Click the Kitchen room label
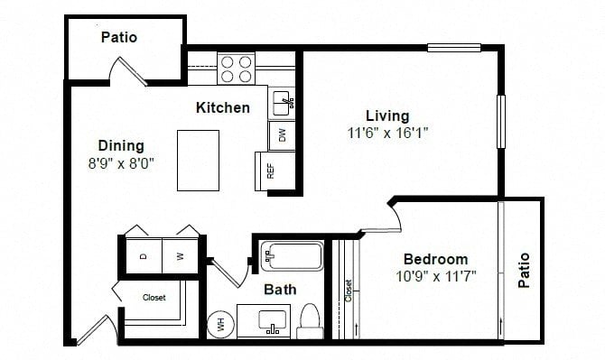(x=223, y=107)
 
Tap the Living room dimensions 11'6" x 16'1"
(x=387, y=134)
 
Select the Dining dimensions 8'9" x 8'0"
(x=121, y=163)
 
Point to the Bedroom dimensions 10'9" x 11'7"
(x=436, y=276)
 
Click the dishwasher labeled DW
(x=282, y=135)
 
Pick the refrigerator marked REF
(x=275, y=171)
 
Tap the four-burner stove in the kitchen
(x=237, y=69)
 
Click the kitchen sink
(x=282, y=103)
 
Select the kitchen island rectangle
(x=199, y=161)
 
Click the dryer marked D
(x=144, y=256)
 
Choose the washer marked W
(x=181, y=256)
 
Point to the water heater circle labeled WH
(x=221, y=325)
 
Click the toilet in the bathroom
(x=310, y=321)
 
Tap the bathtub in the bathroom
(x=292, y=256)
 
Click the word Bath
(x=280, y=290)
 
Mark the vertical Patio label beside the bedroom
(x=524, y=270)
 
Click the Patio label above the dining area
(x=119, y=37)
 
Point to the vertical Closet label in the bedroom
(x=349, y=291)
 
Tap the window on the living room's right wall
(x=501, y=122)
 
